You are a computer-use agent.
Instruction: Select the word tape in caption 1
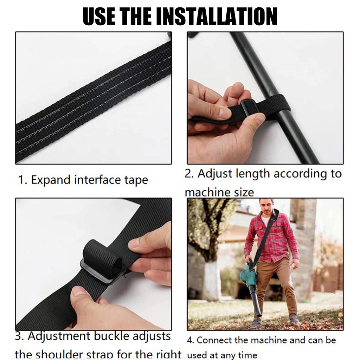click(135, 180)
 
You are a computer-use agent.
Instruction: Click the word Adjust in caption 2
click(215, 173)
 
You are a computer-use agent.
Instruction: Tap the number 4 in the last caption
click(190, 340)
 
